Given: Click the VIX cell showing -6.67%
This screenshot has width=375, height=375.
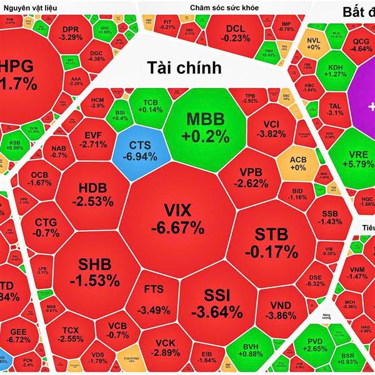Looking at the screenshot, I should [x=182, y=217].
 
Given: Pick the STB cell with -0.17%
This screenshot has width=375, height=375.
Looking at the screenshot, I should [x=276, y=242].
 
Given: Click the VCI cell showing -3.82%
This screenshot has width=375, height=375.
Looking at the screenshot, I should [x=270, y=127].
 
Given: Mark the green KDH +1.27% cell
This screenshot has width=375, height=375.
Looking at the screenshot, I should [x=332, y=69].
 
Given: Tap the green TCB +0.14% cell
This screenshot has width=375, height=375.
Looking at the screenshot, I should [x=149, y=106].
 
